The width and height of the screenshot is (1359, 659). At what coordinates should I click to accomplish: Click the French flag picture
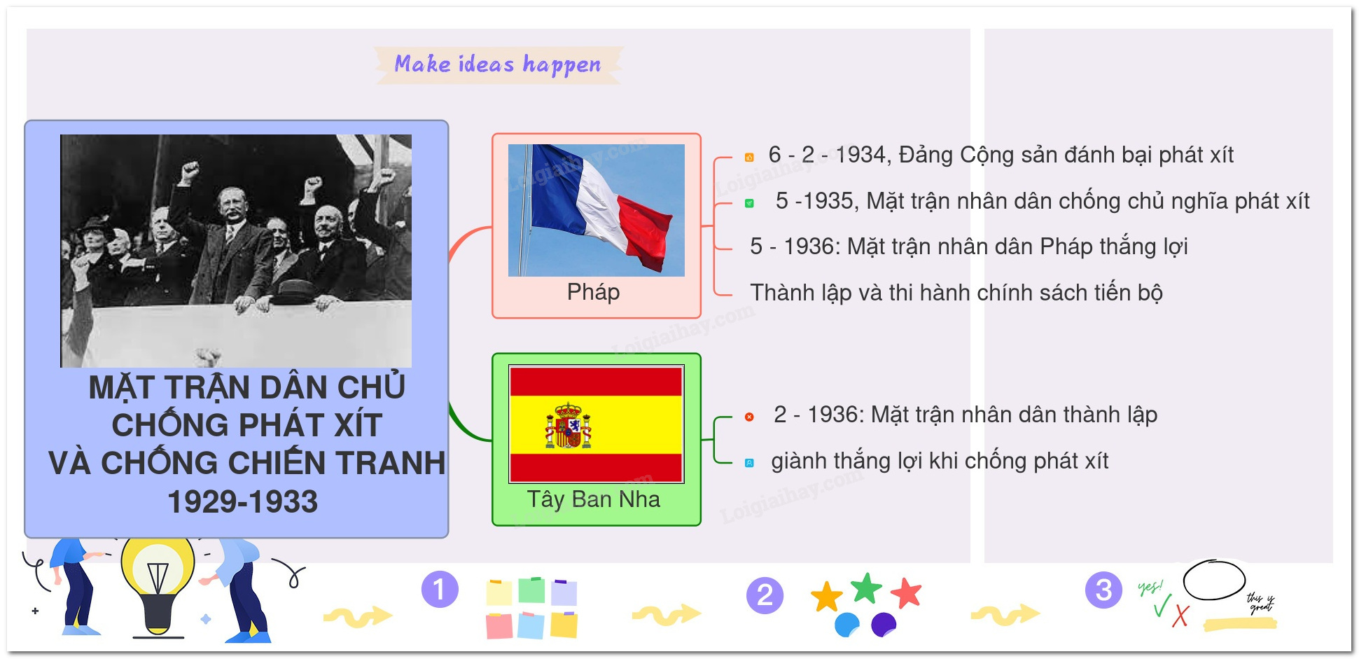click(596, 210)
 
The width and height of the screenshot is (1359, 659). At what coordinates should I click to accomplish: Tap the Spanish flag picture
click(596, 424)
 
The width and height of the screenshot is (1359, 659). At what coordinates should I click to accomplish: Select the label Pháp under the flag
click(593, 292)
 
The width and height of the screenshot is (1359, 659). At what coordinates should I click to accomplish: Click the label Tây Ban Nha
click(593, 499)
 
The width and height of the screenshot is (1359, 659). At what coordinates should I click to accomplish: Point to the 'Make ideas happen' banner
click(498, 65)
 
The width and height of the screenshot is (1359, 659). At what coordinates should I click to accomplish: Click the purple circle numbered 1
click(440, 590)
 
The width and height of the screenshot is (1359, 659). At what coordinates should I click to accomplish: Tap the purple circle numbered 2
click(765, 595)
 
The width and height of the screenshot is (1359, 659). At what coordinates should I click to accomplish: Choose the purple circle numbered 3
click(1103, 590)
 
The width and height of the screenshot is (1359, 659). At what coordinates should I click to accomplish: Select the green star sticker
click(867, 588)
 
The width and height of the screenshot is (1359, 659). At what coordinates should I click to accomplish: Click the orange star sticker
click(827, 597)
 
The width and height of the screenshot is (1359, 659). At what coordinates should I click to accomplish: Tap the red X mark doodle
click(1180, 616)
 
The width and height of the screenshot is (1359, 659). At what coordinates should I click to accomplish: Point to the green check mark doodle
click(1162, 605)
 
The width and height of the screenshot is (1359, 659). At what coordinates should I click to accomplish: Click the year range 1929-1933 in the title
click(243, 501)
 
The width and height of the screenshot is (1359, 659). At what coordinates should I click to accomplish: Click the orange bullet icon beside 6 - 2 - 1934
click(749, 157)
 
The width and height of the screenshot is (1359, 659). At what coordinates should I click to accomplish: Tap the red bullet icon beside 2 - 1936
click(749, 417)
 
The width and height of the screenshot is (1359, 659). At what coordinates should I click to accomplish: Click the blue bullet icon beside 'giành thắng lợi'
click(749, 463)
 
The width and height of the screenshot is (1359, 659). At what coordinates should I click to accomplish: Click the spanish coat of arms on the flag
click(569, 425)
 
